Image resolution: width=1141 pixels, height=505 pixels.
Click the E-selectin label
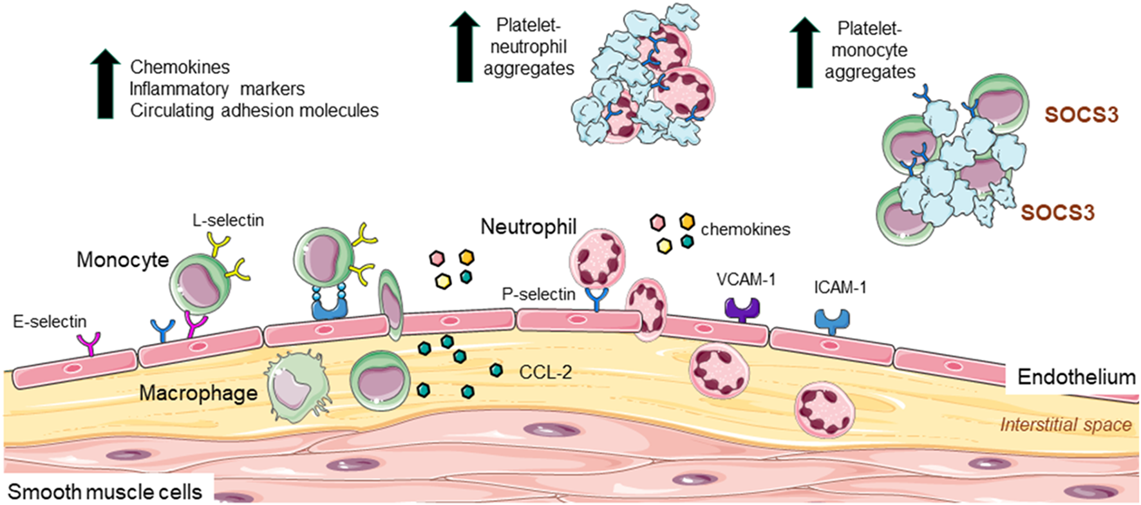50,321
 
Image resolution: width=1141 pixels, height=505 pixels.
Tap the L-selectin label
228,220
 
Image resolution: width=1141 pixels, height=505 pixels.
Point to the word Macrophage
198,393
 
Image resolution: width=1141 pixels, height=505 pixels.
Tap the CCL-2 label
545,372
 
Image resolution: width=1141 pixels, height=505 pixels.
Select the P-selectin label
538,294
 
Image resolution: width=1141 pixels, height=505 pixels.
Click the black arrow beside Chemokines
105,85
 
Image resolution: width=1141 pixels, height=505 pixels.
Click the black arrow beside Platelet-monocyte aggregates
804,52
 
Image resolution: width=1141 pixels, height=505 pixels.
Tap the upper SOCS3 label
1081,115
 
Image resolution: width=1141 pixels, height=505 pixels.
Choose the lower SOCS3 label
1057,212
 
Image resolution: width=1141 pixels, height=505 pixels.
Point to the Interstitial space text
1066,424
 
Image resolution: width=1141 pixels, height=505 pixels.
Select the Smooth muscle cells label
105,492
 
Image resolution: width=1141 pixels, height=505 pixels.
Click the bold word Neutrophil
529,227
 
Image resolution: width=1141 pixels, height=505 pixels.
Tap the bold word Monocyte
122,260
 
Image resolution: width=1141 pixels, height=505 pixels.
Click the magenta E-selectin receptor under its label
90,344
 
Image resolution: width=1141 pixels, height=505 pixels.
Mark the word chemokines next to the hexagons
745,229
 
